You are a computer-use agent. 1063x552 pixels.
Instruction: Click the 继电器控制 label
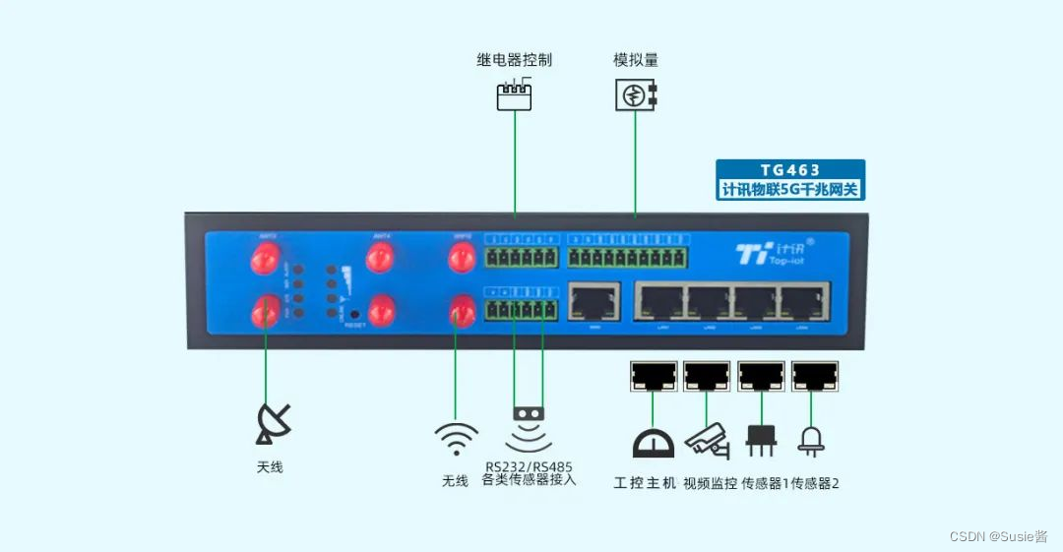(514, 60)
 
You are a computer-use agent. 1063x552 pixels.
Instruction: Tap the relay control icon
(514, 94)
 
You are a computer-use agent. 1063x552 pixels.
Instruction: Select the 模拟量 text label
(636, 60)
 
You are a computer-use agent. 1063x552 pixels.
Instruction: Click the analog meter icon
(636, 94)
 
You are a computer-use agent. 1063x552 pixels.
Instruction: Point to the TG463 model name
(789, 170)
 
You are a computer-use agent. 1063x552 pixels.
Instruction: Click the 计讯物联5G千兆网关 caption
(789, 189)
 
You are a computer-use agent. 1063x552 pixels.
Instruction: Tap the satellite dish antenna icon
(273, 422)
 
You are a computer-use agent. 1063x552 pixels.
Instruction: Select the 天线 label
(270, 466)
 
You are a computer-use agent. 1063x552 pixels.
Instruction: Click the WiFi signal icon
(456, 439)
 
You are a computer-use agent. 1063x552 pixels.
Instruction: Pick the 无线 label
(455, 481)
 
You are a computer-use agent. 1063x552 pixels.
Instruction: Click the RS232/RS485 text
(529, 466)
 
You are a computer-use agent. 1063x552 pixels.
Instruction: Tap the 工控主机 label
(645, 483)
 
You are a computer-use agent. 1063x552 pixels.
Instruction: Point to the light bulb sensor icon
(814, 439)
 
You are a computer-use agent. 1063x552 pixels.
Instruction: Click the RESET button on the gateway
(354, 315)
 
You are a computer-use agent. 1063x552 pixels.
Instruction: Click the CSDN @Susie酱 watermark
(998, 536)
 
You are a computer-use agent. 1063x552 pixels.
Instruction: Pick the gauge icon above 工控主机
(652, 443)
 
